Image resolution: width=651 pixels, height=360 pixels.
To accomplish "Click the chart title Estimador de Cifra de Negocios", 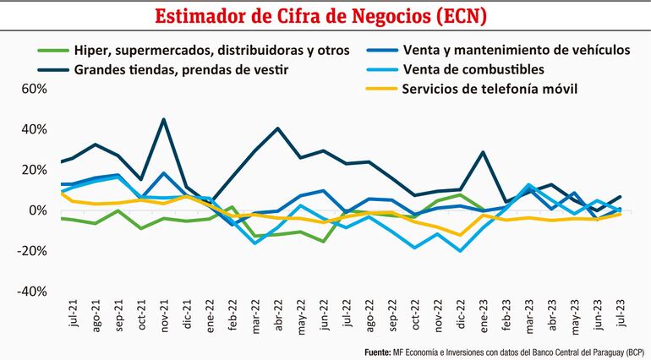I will click(x=325, y=16).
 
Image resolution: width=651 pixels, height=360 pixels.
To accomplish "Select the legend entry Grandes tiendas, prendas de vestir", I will click(x=182, y=69).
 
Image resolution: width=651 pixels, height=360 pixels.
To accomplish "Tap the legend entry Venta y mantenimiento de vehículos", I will click(x=517, y=50).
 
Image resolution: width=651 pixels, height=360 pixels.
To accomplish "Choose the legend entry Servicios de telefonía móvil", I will click(x=490, y=89).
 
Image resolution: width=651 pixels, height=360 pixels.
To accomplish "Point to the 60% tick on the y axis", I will click(x=18, y=89).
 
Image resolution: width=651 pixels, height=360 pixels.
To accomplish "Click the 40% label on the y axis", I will click(x=18, y=129).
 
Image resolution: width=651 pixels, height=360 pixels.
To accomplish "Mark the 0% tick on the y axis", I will click(x=23, y=210).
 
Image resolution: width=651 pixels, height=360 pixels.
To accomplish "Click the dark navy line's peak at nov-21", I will click(x=163, y=119).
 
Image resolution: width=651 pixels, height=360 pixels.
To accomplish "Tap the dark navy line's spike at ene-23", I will click(x=483, y=153).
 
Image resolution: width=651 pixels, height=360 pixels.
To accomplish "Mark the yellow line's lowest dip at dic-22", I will click(x=461, y=235).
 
